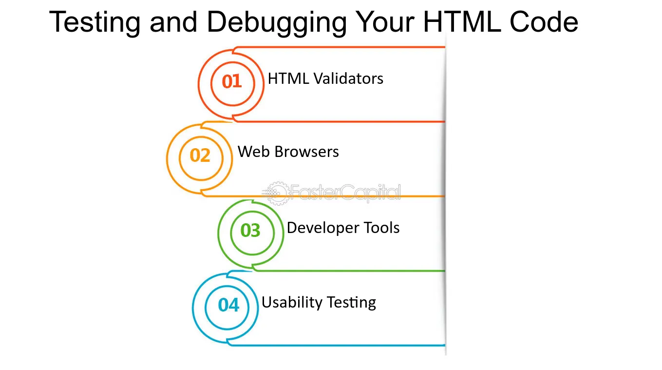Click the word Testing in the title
[x=95, y=23]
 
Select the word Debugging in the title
[x=277, y=23]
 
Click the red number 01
[x=232, y=81]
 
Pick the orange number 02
[x=200, y=156]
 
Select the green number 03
[x=250, y=231]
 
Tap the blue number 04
[x=228, y=305]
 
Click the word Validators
[x=348, y=78]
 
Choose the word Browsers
[x=306, y=152]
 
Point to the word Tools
[x=381, y=228]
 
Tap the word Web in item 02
[x=254, y=152]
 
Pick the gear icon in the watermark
[x=277, y=193]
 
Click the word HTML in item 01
[x=288, y=78]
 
